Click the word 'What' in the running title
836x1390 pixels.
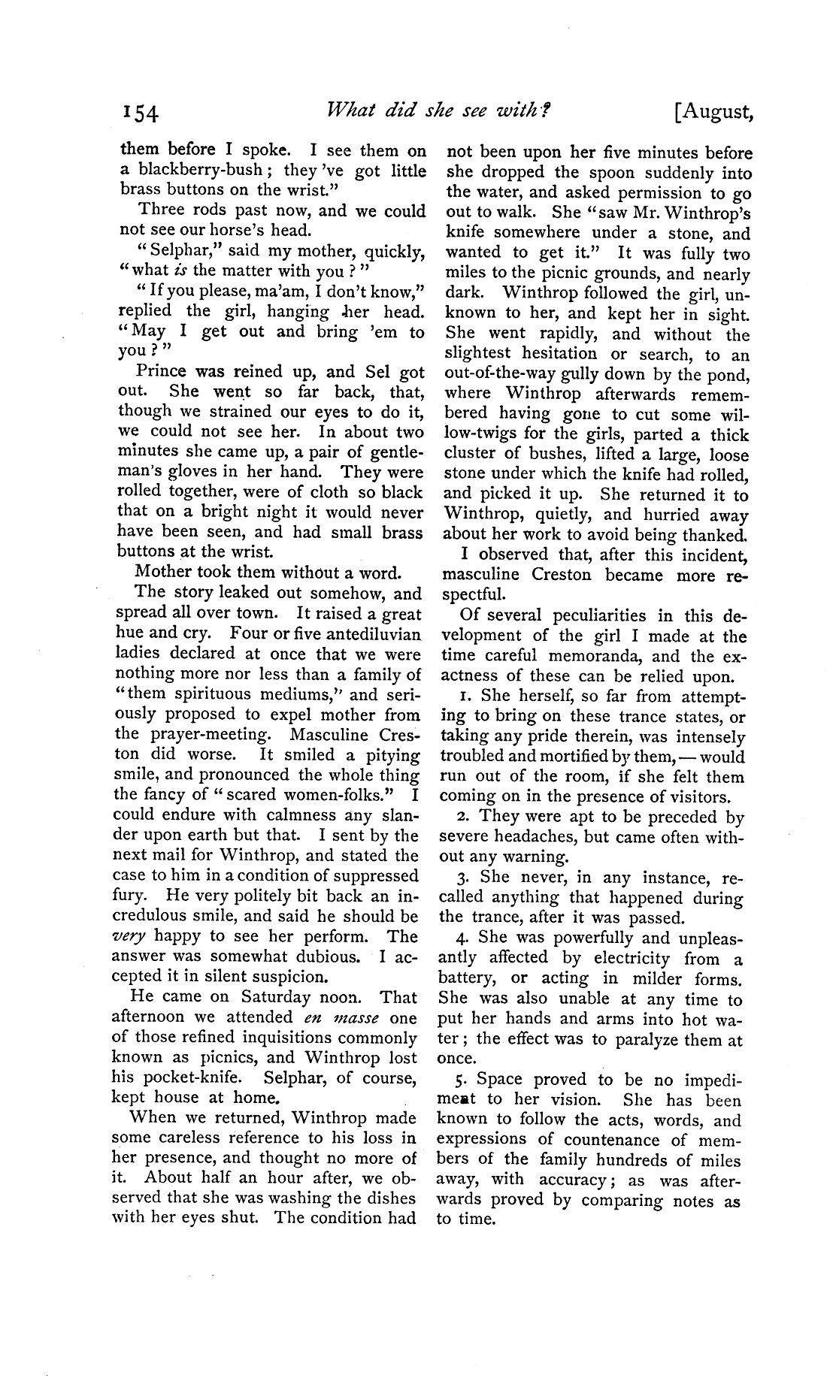coord(347,111)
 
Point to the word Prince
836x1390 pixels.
coord(160,371)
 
